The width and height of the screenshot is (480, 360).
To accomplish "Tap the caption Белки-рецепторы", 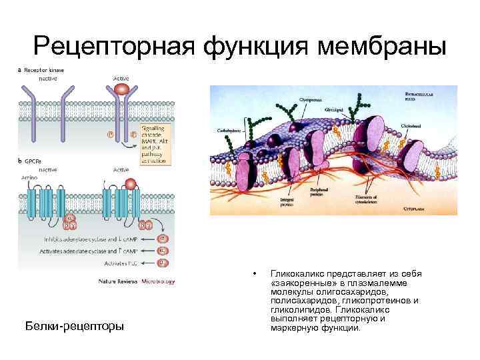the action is click(74, 327).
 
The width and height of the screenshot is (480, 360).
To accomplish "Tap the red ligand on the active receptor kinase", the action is click(122, 88).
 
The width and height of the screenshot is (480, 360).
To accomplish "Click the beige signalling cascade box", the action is click(155, 144).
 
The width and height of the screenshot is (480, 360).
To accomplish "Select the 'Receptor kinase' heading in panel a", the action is click(46, 69).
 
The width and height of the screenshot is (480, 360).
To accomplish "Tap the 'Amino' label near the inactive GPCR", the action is click(29, 179).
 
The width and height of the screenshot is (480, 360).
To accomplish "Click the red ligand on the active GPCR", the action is click(132, 183).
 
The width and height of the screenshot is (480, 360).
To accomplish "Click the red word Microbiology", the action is click(158, 281).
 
